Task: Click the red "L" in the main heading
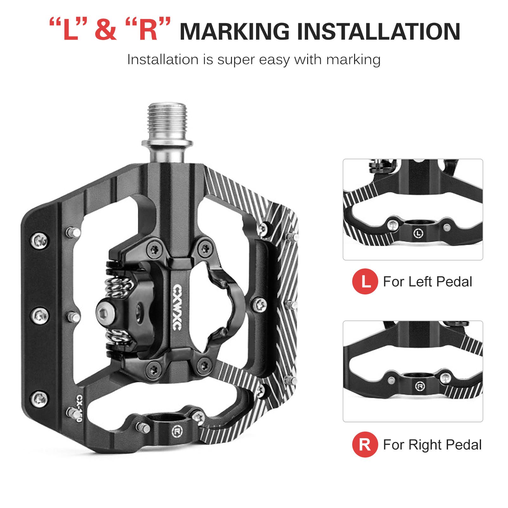70,31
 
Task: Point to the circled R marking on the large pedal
176,431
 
